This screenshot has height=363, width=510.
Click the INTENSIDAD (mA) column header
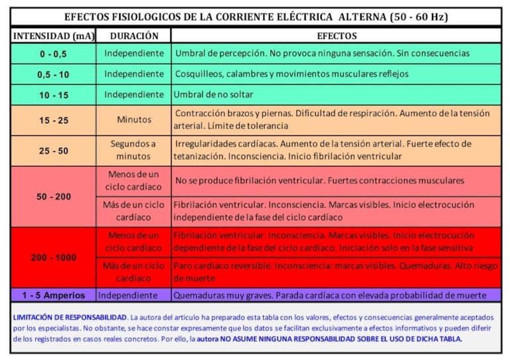(x=53, y=36)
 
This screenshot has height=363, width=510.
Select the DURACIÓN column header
(x=134, y=36)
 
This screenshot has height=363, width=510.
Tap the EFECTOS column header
(x=336, y=36)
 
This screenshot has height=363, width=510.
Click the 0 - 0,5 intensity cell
(x=53, y=54)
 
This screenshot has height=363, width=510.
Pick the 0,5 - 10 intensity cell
(x=53, y=74)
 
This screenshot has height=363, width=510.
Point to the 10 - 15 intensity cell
(x=53, y=95)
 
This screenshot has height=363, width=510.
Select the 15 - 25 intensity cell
(x=53, y=120)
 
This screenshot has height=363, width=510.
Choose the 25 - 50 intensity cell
(x=53, y=151)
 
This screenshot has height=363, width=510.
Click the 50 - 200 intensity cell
(x=53, y=196)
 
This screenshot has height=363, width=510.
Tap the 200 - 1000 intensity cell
(x=53, y=257)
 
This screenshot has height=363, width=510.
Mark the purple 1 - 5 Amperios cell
(x=53, y=295)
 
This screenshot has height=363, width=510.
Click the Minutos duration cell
(x=134, y=120)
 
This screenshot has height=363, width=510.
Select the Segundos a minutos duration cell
(x=134, y=151)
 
